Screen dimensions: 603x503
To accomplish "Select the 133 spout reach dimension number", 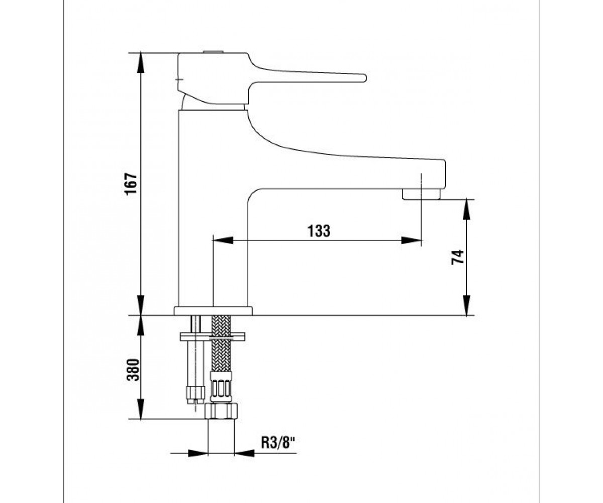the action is click(319, 231).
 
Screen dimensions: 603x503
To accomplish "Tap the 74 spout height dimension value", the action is click(457, 257).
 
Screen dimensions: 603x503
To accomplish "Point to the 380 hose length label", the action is click(133, 370).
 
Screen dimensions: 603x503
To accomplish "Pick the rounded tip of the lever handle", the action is click(364, 78).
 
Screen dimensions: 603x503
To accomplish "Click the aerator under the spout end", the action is click(421, 194).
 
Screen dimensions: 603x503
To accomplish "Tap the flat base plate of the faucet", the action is click(213, 311).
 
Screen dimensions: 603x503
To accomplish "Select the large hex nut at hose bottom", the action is click(221, 411).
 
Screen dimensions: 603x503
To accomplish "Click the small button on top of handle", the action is click(213, 52).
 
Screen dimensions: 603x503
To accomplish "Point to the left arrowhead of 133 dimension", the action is click(223, 240).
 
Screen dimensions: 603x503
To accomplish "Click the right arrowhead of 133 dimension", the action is click(412, 240).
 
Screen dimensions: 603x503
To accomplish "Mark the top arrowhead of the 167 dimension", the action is click(140, 62).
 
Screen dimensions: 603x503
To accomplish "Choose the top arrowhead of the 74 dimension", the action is click(466, 209).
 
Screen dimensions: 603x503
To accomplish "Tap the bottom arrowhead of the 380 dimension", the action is click(140, 408).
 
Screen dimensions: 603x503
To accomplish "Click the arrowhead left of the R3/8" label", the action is click(198, 453).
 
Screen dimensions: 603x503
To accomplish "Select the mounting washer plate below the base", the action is click(213, 337).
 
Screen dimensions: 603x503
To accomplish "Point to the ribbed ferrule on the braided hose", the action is click(221, 386).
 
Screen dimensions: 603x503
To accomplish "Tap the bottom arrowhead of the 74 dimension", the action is click(466, 305).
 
